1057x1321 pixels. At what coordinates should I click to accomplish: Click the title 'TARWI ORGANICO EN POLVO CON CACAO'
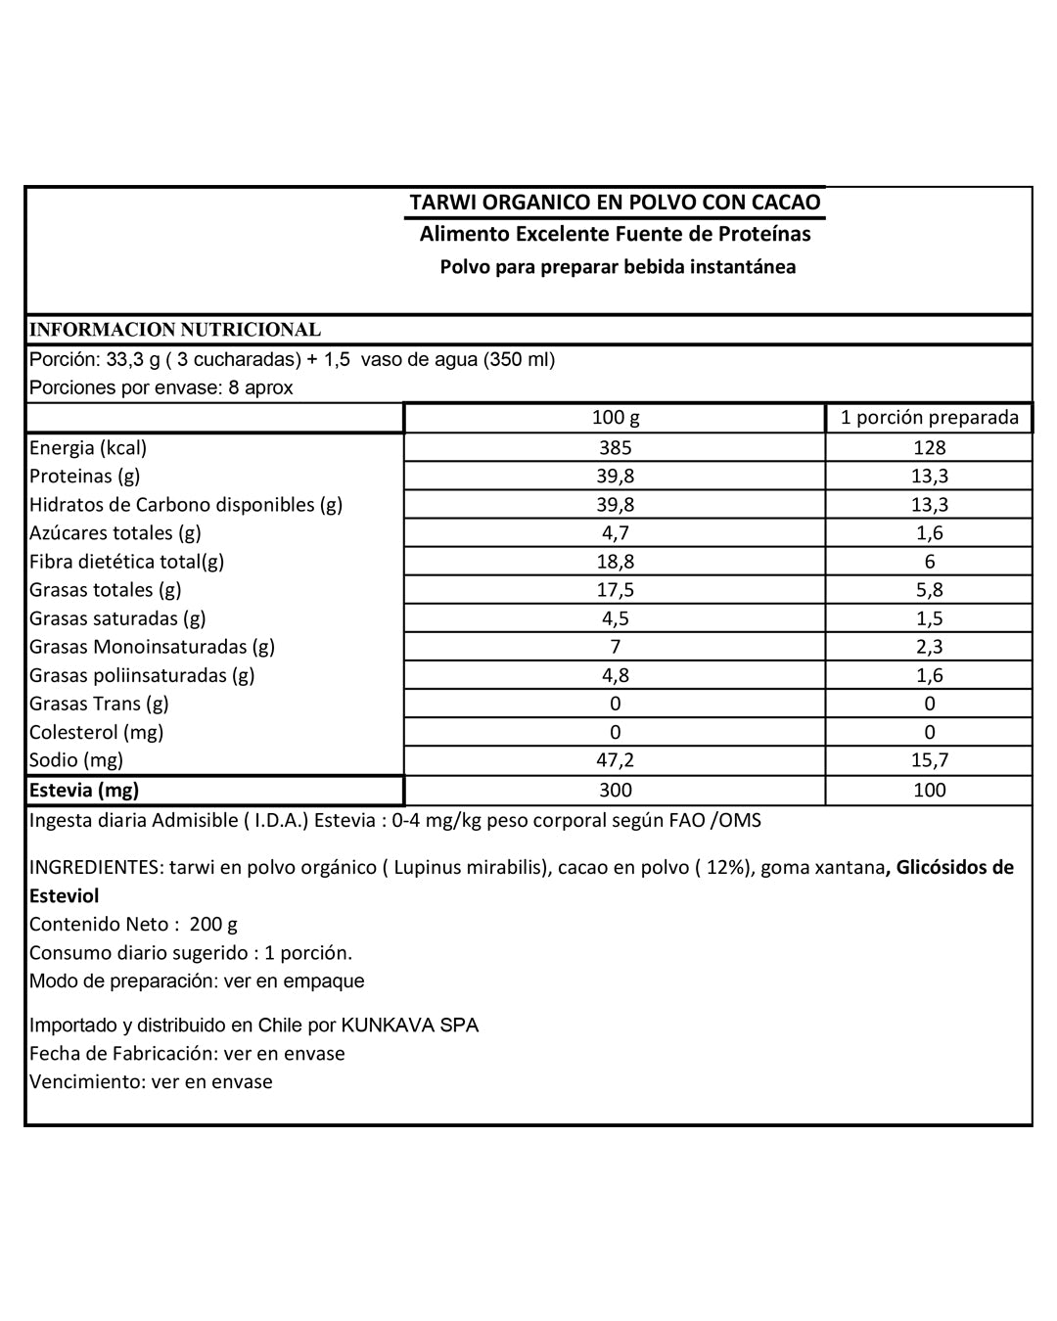coord(615,203)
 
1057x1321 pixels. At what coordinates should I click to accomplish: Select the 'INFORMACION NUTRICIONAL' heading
coord(175,330)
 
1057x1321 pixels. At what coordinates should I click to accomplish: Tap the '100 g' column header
coord(615,418)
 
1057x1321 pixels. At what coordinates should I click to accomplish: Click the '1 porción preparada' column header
coord(929,418)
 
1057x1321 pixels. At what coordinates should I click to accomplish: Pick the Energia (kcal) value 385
coord(615,448)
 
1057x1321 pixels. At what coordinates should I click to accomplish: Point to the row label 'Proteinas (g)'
coord(85,477)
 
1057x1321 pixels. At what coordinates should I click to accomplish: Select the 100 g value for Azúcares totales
coord(615,533)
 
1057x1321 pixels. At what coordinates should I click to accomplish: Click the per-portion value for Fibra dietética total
coord(929,562)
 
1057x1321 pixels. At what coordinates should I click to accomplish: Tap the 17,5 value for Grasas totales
coord(615,590)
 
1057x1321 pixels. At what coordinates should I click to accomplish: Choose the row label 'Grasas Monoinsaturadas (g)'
coord(152,647)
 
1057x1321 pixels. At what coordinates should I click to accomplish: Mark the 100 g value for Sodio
coord(615,760)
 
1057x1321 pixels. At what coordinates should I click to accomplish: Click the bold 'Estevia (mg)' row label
coord(84,790)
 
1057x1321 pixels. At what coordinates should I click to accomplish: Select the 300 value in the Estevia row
coord(615,790)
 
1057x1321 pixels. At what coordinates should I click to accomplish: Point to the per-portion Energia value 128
coord(929,448)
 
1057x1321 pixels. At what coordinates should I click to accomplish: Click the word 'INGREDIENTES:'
coord(96,868)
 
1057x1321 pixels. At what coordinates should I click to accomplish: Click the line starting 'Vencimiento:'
coord(151,1082)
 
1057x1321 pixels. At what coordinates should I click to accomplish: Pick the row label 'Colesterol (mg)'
coord(96,732)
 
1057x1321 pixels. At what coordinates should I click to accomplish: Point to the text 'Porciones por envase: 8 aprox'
coord(161,387)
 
